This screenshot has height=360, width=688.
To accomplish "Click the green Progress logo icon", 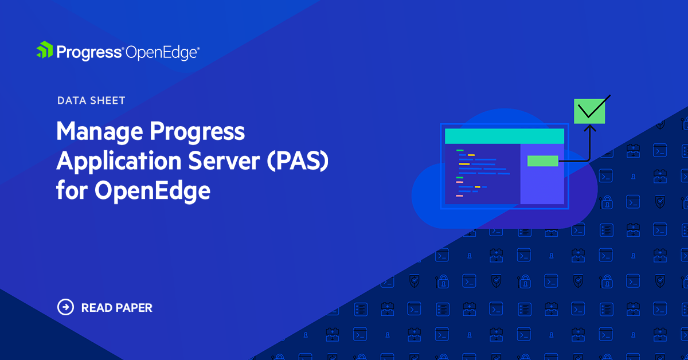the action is (x=45, y=50).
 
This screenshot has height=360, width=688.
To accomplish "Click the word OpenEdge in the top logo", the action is (x=162, y=53).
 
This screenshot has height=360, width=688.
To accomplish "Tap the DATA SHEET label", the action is (x=91, y=100).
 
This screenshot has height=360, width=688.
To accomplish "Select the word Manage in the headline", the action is (x=100, y=132).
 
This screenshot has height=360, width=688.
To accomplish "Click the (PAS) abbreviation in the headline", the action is (x=298, y=161).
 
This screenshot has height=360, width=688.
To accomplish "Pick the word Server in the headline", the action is (x=224, y=161).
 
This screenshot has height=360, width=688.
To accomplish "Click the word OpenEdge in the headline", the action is (x=153, y=191).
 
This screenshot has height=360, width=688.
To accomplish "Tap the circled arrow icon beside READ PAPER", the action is (x=65, y=307).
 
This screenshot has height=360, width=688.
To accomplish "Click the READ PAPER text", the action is (x=117, y=308).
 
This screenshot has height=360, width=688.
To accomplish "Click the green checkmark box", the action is (x=589, y=111).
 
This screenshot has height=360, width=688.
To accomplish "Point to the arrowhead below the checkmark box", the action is (x=590, y=128).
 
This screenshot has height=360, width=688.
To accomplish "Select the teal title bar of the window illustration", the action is (x=505, y=136).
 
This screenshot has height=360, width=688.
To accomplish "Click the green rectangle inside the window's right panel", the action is (x=543, y=161).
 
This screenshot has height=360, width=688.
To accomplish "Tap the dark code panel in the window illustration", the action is (x=483, y=174).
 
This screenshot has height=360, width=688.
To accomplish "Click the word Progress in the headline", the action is (x=197, y=132).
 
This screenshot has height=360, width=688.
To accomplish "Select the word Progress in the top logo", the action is (x=89, y=53).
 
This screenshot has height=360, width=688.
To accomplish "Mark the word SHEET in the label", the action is (x=108, y=100).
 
